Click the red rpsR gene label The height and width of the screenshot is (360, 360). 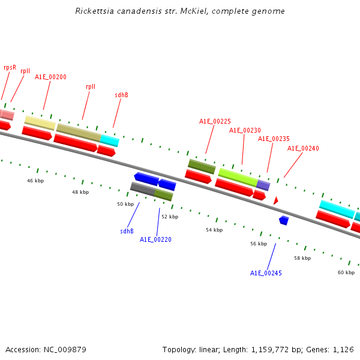(10, 68)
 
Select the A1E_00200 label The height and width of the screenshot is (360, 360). (50, 77)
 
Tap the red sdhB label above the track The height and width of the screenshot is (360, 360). (121, 95)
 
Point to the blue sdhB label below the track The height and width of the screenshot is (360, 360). (127, 231)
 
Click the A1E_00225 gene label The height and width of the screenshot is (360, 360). (215, 121)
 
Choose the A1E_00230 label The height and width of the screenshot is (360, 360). (245, 130)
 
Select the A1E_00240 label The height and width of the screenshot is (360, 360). (303, 148)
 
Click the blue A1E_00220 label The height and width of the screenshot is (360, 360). (155, 239)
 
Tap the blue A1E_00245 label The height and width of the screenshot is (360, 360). (266, 273)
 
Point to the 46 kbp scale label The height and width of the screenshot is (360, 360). (35, 181)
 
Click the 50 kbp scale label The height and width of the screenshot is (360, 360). (125, 204)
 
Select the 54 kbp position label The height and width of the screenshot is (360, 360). (214, 230)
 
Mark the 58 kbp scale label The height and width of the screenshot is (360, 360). (302, 258)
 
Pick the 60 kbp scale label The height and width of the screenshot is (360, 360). (346, 272)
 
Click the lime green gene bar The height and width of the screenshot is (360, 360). (238, 176)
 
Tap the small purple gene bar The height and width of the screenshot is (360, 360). (263, 185)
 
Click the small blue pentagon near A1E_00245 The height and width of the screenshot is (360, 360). (284, 220)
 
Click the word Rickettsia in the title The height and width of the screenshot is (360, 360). (93, 11)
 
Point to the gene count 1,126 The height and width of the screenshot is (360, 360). (343, 349)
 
